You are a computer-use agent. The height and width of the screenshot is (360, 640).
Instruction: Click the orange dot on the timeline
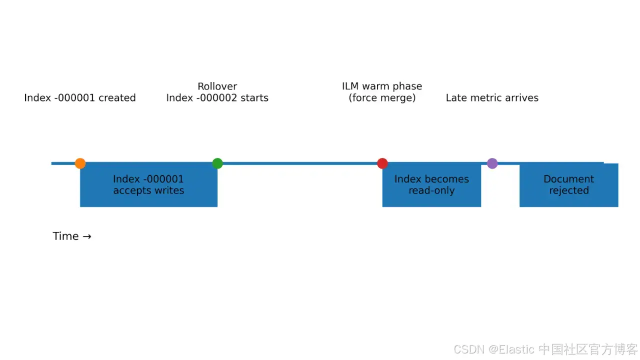click(x=80, y=163)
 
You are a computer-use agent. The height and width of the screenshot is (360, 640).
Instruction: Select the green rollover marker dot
click(x=217, y=163)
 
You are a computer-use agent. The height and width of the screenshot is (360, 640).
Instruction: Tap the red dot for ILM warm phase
click(x=382, y=163)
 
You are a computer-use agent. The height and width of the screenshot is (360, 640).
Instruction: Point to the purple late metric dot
click(x=492, y=163)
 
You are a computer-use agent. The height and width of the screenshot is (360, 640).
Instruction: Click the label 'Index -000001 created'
click(x=80, y=98)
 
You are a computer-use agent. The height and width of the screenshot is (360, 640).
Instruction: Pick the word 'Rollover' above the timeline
click(x=217, y=86)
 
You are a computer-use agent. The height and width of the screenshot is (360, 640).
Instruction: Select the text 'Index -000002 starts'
click(x=217, y=98)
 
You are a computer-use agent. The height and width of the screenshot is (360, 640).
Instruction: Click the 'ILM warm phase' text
click(x=382, y=86)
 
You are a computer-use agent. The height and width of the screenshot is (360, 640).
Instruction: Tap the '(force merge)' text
click(x=382, y=98)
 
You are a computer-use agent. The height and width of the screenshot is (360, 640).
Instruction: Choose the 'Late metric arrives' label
click(x=492, y=98)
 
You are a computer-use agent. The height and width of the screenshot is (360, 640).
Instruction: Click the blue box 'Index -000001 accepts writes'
click(x=148, y=184)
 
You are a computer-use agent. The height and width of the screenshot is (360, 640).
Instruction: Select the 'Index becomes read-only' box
click(x=431, y=184)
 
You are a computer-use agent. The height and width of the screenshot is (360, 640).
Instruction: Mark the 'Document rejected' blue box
click(x=568, y=184)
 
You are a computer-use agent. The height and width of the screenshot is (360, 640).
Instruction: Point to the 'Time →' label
click(x=72, y=236)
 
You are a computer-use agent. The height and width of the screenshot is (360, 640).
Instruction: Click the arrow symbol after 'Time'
click(x=87, y=236)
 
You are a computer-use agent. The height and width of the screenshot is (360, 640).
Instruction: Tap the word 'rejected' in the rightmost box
click(x=569, y=190)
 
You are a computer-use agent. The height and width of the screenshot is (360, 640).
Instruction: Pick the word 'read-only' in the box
click(x=431, y=190)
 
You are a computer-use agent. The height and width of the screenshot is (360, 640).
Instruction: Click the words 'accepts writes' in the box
click(x=148, y=190)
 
